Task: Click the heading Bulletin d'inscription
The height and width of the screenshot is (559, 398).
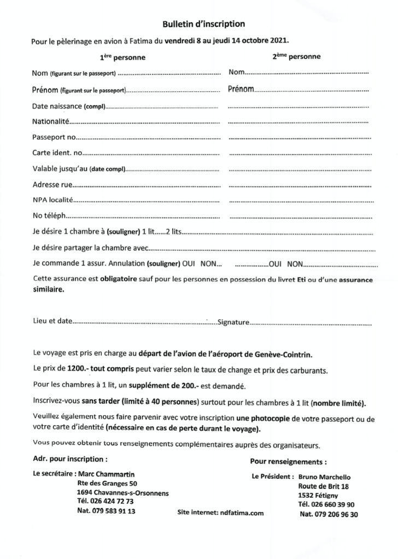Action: click(x=203, y=24)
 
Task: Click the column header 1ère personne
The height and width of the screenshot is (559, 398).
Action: click(x=122, y=57)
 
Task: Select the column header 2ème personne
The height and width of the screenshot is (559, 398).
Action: click(x=296, y=56)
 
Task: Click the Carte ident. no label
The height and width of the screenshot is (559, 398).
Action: click(x=57, y=152)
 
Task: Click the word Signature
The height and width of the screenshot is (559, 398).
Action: click(x=233, y=322)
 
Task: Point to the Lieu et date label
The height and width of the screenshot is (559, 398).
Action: click(x=52, y=321)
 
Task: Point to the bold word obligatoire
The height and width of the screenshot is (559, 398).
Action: click(x=122, y=279)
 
